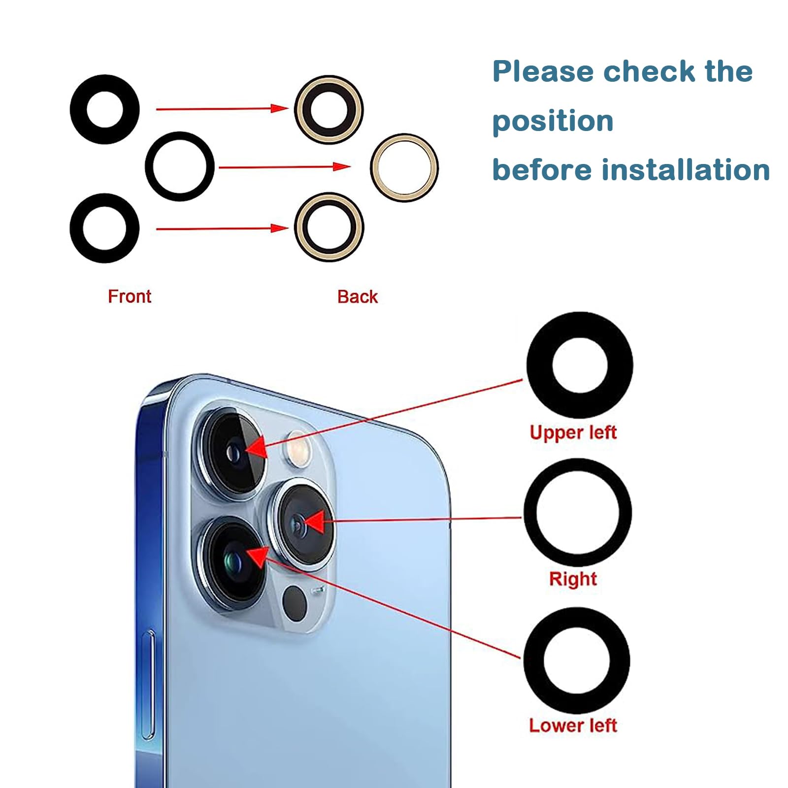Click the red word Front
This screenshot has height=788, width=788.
point(130,296)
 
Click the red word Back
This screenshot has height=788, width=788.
point(358,297)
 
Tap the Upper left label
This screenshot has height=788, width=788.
point(573,432)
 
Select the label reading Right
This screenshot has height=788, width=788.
point(573,579)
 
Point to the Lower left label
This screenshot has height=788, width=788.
point(573,725)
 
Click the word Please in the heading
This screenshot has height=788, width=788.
point(543,71)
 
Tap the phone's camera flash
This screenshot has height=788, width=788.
point(296,446)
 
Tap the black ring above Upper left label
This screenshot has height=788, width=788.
point(580,365)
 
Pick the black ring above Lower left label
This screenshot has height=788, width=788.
point(577,660)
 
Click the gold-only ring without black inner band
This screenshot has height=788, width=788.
point(404,167)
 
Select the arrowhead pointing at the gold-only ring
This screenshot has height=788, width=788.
point(341,166)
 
